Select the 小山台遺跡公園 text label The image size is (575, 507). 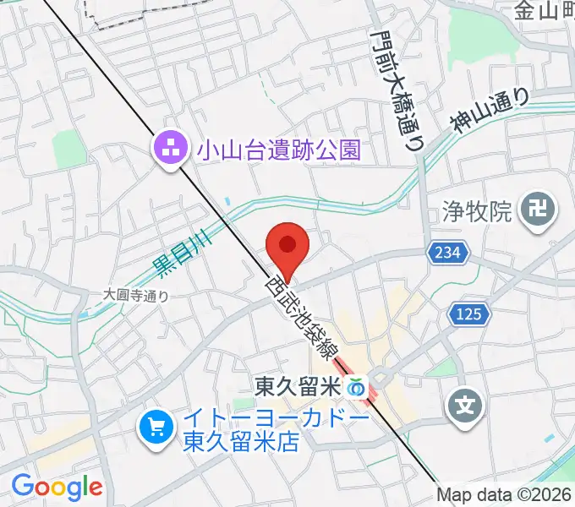pyautogui.click(x=278, y=151)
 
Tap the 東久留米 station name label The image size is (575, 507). pyautogui.click(x=296, y=387)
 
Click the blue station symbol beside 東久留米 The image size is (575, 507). pyautogui.click(x=357, y=388)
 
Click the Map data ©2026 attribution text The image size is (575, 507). pyautogui.click(x=504, y=495)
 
